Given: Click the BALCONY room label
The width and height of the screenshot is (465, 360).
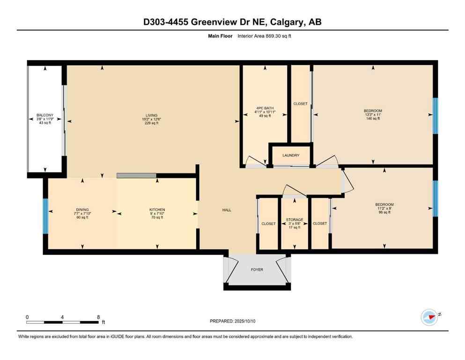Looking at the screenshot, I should (45, 115).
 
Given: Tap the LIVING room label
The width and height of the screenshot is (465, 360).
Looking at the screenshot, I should (151, 115).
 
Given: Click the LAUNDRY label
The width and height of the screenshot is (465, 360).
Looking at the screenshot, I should (290, 155).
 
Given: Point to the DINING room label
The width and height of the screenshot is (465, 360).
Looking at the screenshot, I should (82, 210).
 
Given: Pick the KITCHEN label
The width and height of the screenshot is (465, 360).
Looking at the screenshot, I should (157, 210).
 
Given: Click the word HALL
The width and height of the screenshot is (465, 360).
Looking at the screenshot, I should (227, 210).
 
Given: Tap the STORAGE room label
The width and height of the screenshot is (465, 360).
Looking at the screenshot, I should (295, 219).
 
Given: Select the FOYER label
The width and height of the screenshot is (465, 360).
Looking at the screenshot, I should (257, 270).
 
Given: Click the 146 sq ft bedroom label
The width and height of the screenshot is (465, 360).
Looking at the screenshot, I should (373, 111).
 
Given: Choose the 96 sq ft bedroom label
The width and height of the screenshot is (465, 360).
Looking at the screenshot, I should (384, 204).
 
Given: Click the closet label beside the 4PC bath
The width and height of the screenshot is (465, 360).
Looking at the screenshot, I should (300, 104).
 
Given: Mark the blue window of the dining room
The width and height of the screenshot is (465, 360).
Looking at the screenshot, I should (45, 216).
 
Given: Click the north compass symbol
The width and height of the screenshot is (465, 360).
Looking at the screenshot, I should (429, 317).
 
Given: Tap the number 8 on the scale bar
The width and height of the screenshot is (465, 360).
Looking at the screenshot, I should (98, 317).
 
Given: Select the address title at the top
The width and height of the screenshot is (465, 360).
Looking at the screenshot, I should (232, 22).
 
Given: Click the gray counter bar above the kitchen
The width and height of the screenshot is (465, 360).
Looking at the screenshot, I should (136, 175).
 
